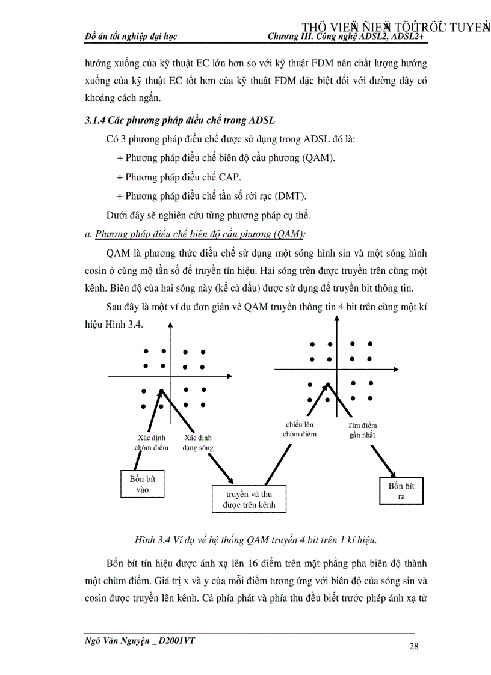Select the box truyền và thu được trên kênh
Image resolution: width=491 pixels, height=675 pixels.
pyautogui.click(x=250, y=499)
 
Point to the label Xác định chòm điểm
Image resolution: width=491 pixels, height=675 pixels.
pyautogui.click(x=152, y=442)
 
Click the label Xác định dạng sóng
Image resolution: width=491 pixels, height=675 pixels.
pyautogui.click(x=198, y=442)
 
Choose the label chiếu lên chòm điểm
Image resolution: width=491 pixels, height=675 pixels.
pyautogui.click(x=299, y=429)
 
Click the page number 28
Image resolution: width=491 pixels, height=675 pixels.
pyautogui.click(x=413, y=647)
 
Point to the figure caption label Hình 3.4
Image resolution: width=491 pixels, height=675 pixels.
pyautogui.click(x=152, y=540)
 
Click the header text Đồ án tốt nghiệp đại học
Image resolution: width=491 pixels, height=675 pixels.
pyautogui.click(x=131, y=37)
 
